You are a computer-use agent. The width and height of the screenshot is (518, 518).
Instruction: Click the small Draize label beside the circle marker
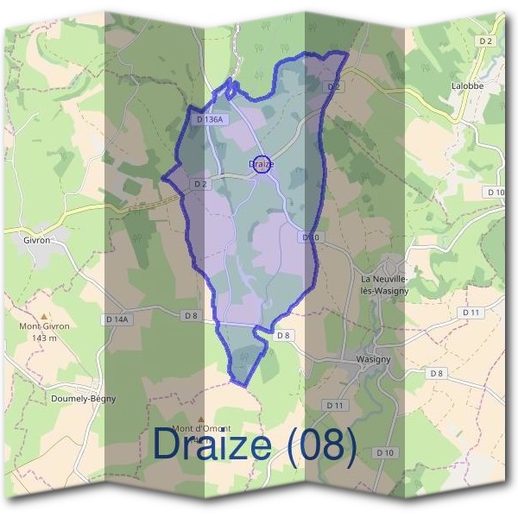pos(260,163)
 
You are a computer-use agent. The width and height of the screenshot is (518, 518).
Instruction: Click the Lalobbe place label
pos(467,86)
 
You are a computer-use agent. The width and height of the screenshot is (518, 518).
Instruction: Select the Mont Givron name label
pos(45,326)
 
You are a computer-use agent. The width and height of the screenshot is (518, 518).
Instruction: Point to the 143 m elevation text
pos(45,338)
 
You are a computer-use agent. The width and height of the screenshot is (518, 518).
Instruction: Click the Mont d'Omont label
pos(201,428)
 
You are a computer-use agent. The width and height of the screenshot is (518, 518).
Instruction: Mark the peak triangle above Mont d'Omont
pos(201,418)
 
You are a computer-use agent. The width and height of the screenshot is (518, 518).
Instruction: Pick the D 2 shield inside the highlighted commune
pos(201,184)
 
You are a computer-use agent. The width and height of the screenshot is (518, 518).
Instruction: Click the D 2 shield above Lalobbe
pos(486,41)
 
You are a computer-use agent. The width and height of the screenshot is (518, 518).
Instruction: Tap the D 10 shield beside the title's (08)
pos(385,452)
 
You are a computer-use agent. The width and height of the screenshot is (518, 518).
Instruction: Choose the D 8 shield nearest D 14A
pos(191,316)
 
